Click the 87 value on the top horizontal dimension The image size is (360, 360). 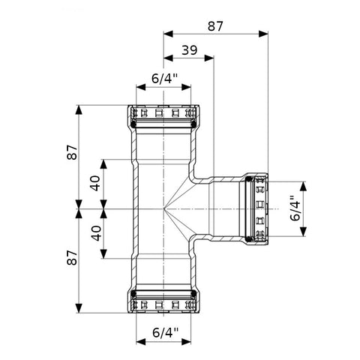[x=215, y=26]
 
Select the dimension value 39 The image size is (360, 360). [x=189, y=50]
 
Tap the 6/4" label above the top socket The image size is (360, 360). [x=164, y=79]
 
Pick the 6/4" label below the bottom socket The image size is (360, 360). [x=166, y=333]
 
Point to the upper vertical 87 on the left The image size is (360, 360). [x=73, y=152]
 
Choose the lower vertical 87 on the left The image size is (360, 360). [x=73, y=258]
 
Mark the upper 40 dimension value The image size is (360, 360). [x=95, y=183]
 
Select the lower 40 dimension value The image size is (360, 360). [x=95, y=233]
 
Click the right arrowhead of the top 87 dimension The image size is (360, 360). [x=263, y=34]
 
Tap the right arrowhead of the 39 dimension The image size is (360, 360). [x=209, y=58]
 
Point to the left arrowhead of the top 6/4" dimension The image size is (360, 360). [x=141, y=87]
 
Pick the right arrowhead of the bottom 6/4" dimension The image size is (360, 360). [x=186, y=342]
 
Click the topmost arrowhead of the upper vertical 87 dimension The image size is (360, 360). [x=79, y=109]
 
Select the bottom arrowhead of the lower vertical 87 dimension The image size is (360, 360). [x=79, y=308]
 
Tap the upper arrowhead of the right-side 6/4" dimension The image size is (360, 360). [x=303, y=186]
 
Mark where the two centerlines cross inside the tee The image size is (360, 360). [x=163, y=208]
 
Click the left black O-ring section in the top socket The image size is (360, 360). [x=133, y=124]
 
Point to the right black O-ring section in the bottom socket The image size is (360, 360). [x=193, y=294]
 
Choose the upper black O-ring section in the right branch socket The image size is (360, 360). [x=249, y=179]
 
